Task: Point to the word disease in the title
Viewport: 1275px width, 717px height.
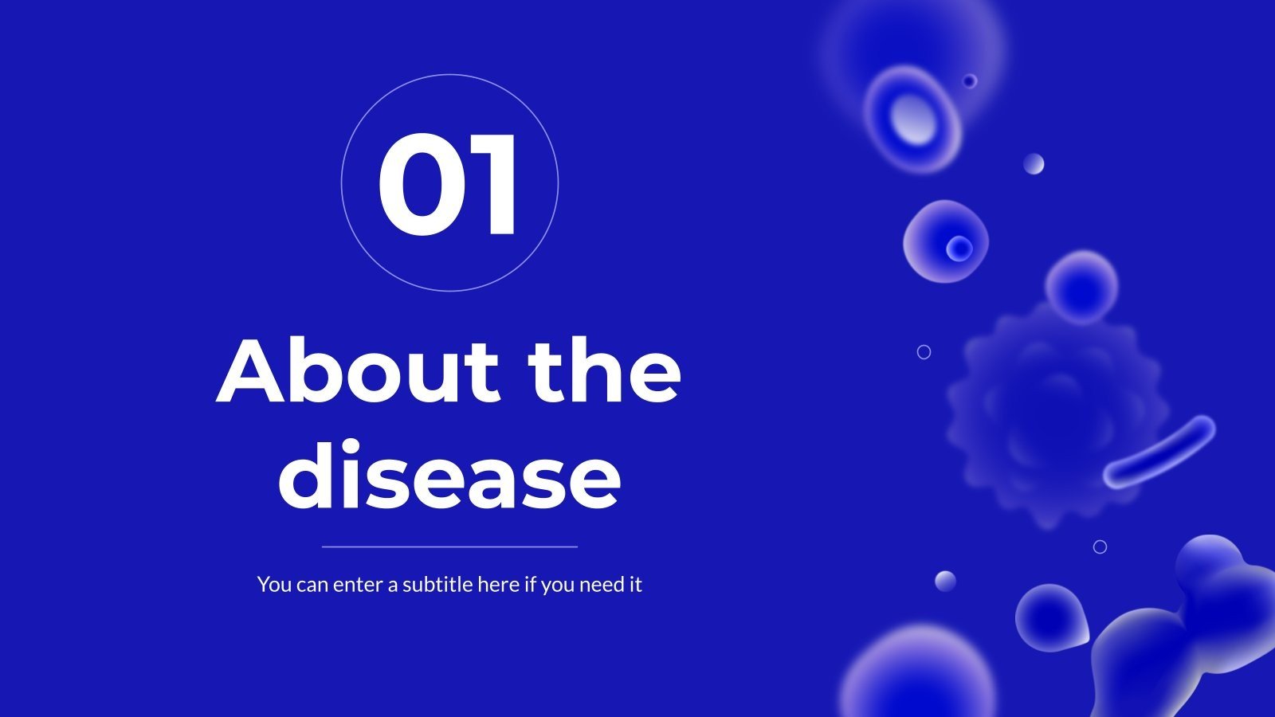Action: pyautogui.click(x=449, y=476)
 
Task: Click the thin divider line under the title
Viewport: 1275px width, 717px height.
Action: pyautogui.click(x=449, y=547)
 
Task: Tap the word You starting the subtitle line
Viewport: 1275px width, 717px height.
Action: pyautogui.click(x=274, y=584)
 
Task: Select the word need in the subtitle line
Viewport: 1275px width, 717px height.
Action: pyautogui.click(x=602, y=584)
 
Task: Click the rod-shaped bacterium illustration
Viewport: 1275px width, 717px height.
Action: pyautogui.click(x=1160, y=452)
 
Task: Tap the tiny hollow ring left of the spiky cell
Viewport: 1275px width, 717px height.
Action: pyautogui.click(x=924, y=351)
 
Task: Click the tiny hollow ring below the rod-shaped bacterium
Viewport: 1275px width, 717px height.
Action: pyautogui.click(x=1100, y=547)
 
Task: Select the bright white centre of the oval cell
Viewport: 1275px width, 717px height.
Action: pyautogui.click(x=915, y=119)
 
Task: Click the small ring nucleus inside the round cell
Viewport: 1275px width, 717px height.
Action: pyautogui.click(x=959, y=249)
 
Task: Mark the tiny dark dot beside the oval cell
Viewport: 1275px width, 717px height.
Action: pyautogui.click(x=969, y=80)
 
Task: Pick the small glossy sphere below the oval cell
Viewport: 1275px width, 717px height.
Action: pyautogui.click(x=1034, y=164)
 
